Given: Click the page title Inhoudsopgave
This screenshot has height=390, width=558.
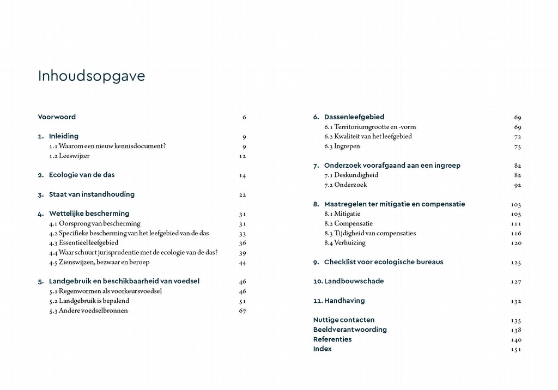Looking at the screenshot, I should pos(92,76).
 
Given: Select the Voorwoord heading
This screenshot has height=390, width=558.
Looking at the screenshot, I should pos(57,117).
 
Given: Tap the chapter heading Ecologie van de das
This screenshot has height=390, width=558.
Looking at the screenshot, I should pos(82,175).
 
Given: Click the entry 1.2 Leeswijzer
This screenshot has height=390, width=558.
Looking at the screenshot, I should pos(69,156).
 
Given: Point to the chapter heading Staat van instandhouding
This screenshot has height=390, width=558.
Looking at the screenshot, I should pos(92,194).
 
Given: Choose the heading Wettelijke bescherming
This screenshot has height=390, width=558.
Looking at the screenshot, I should pos(89,214).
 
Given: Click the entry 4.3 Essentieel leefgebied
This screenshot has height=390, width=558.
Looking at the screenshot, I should pos(83,243).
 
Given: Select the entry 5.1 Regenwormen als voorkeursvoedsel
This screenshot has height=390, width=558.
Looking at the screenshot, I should pos(105,291).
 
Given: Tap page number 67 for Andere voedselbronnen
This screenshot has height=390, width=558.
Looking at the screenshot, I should pos(242,311).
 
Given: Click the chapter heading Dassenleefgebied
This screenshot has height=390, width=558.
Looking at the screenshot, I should pos(354,117).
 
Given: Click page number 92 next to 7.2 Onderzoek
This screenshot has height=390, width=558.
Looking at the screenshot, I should pos(517,185).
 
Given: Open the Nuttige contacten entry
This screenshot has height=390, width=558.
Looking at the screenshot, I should pos(344,320).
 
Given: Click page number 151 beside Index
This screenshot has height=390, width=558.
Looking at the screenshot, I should pos(515,349).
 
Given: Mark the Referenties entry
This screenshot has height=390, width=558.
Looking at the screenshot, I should pos(332,339).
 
